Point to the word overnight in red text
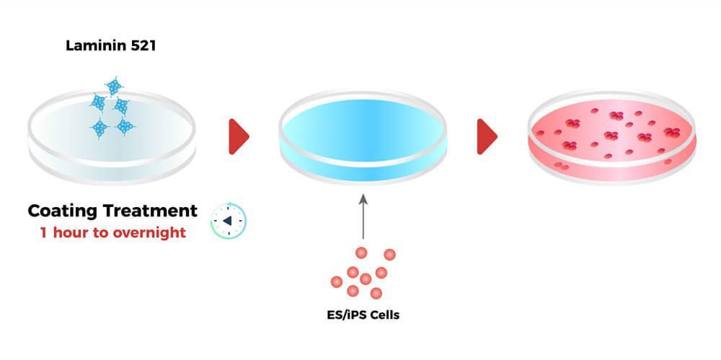pos(151,232)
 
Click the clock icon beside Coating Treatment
pos(229,221)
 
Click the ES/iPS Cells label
pos(363,315)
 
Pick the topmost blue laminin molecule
pos(114,87)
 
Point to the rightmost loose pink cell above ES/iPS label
pos(390,254)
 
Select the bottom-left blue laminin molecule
pos(100,128)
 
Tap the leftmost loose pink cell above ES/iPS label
pos(337,281)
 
